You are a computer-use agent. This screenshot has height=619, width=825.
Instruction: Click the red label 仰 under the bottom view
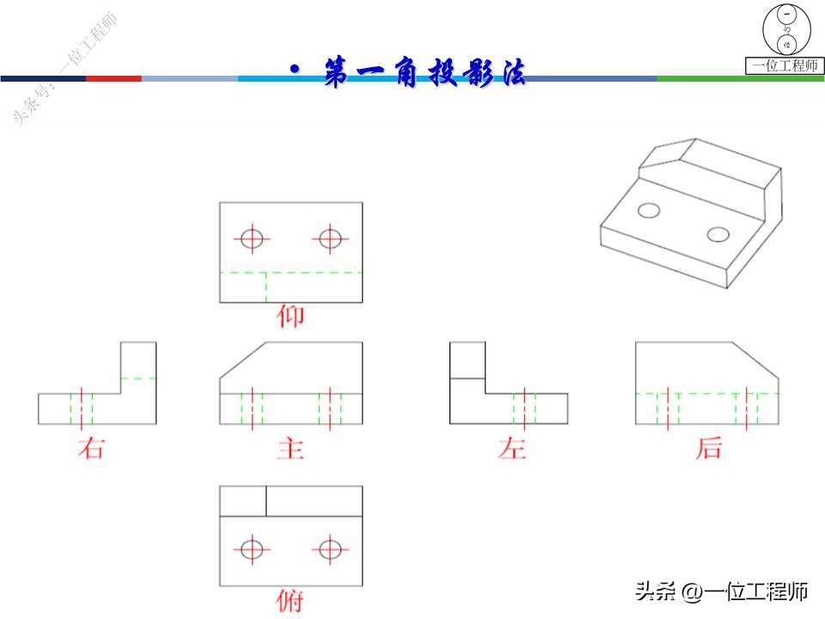[x=290, y=317]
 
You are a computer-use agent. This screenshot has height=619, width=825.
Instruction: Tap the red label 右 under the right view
[x=90, y=448]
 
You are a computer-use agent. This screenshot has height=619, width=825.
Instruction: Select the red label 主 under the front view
[x=290, y=448]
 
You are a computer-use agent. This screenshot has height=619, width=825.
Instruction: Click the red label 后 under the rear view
[x=708, y=448]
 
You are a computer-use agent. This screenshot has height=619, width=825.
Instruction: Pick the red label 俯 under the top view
[x=290, y=600]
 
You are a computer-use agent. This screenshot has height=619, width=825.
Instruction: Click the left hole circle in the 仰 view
[x=251, y=238]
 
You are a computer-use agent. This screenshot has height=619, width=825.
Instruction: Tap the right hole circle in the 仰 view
[x=330, y=238]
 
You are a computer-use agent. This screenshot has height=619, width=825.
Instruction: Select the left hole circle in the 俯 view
[x=251, y=549]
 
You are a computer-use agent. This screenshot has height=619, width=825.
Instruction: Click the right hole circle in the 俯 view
[x=330, y=549]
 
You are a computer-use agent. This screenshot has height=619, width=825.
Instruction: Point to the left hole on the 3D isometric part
[x=650, y=209]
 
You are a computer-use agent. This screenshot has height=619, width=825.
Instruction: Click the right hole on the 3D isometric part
[x=718, y=233]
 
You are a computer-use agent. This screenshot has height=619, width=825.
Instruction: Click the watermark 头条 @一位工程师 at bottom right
[x=722, y=591]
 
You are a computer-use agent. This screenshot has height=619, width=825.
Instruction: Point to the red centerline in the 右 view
[x=81, y=408]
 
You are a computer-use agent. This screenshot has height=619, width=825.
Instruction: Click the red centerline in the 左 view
[x=525, y=408]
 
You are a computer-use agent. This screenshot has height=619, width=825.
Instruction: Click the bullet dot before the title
[x=295, y=70]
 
